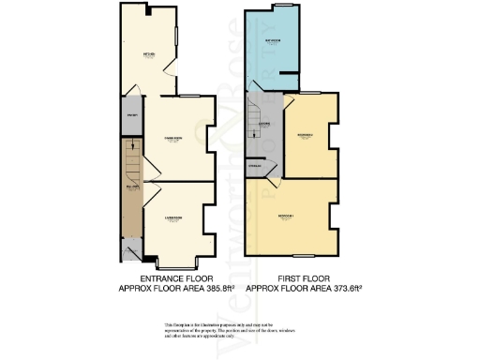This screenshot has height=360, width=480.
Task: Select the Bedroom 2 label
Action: tap(306, 137)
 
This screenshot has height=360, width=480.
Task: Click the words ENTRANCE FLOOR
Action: tap(176, 278)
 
